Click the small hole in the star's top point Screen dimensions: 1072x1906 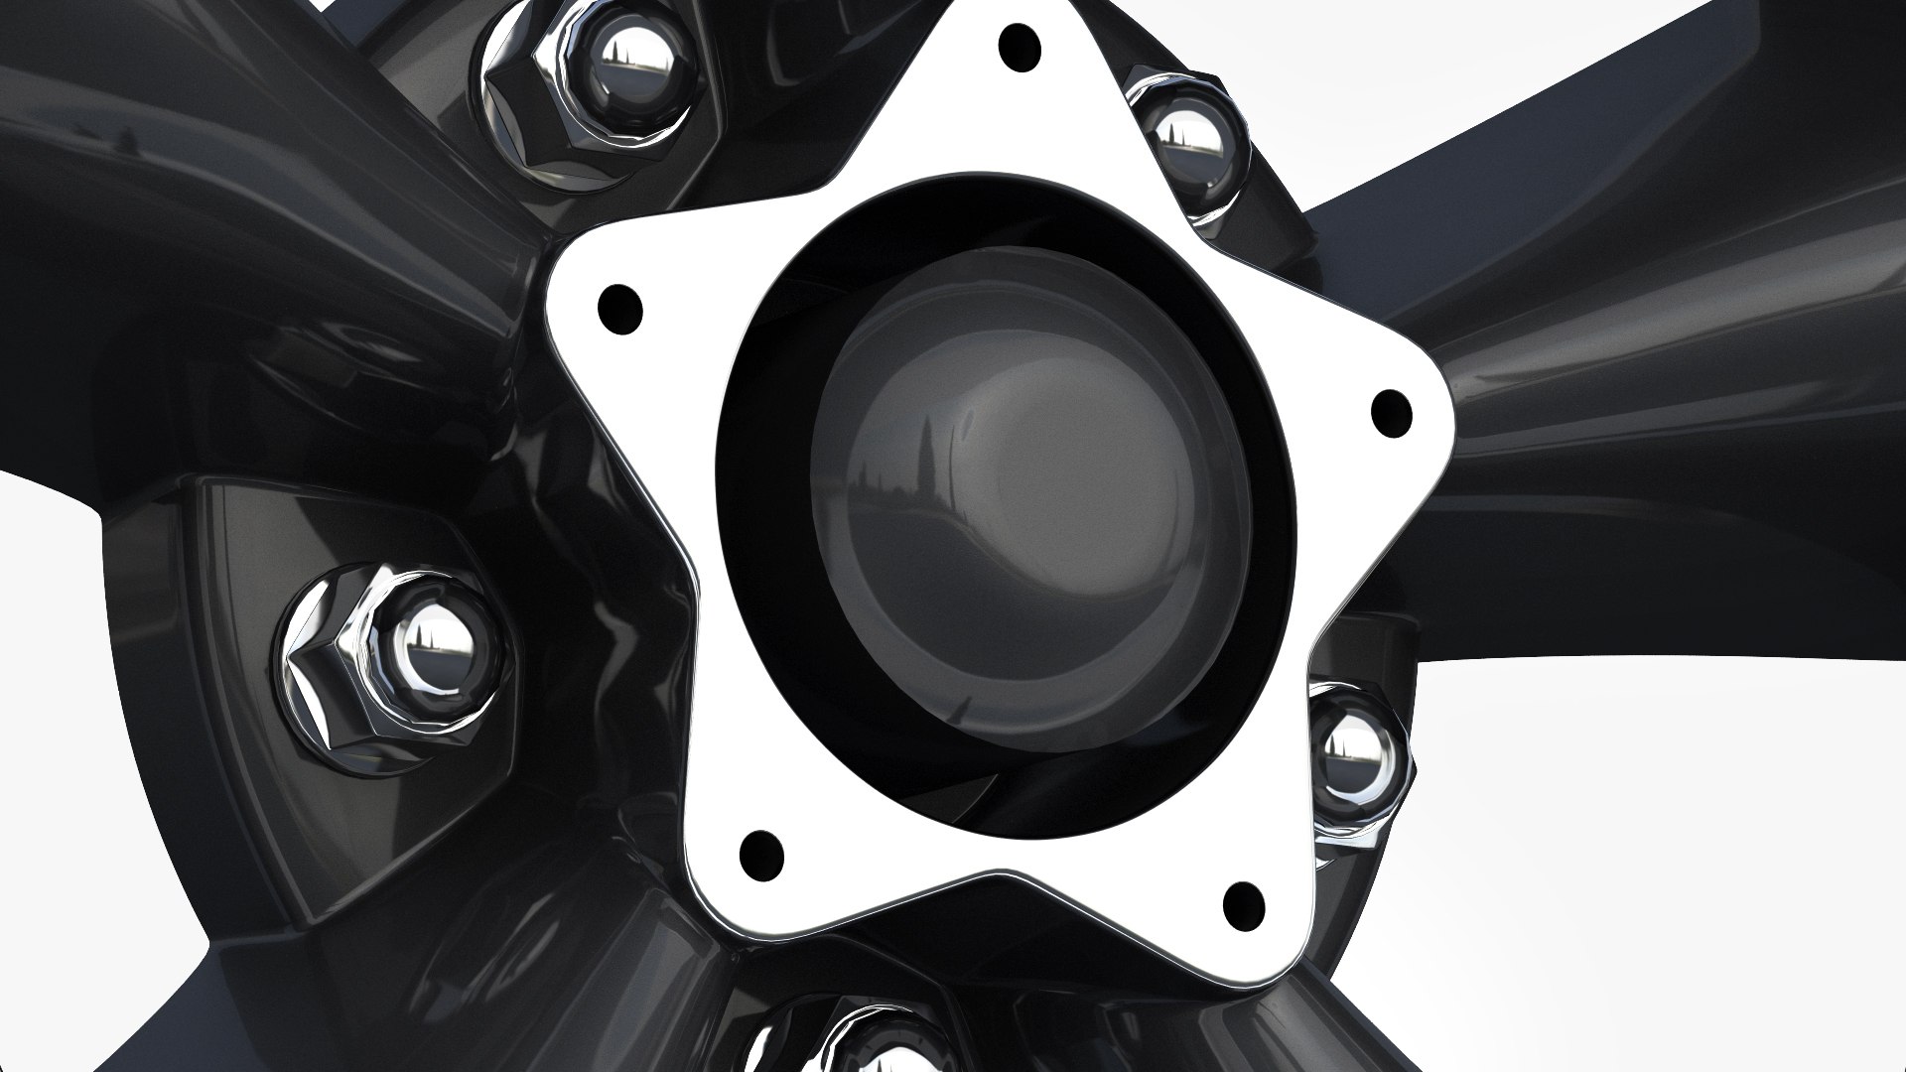[x=1021, y=46]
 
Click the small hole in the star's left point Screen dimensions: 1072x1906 [x=621, y=310]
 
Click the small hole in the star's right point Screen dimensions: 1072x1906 [x=1391, y=414]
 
